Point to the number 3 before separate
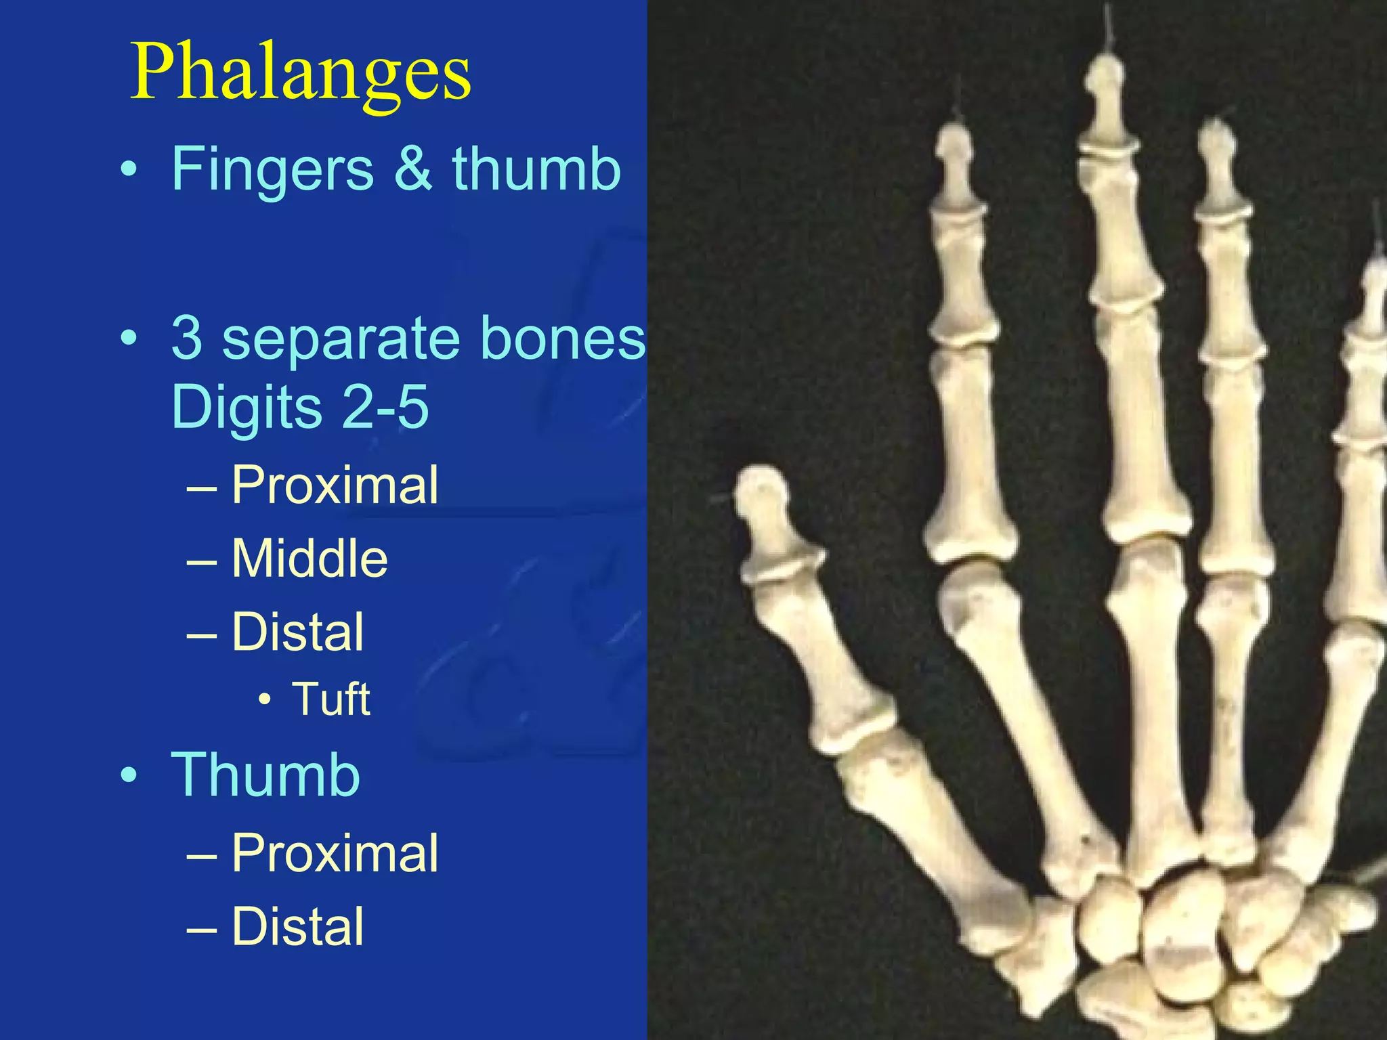187,338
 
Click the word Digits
247,409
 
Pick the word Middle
310,559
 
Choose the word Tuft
330,699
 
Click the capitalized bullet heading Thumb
265,775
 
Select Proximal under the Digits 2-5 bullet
335,485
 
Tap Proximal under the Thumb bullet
335,853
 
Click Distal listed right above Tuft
298,632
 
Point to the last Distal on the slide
298,927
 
